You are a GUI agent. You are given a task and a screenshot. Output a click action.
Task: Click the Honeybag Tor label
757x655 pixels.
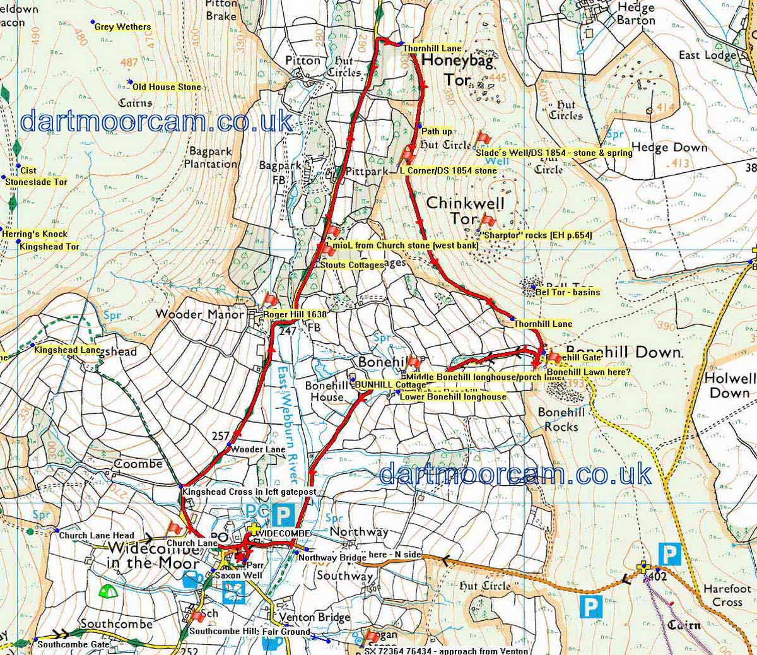pyautogui.click(x=457, y=70)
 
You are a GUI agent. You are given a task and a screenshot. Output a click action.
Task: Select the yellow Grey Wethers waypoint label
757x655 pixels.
pyautogui.click(x=122, y=27)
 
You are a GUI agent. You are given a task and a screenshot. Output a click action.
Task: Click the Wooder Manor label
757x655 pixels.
pyautogui.click(x=199, y=314)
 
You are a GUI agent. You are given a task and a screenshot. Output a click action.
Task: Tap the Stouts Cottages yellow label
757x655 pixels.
pyautogui.click(x=351, y=265)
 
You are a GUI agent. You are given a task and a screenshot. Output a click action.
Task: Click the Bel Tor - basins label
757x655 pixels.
pyautogui.click(x=567, y=292)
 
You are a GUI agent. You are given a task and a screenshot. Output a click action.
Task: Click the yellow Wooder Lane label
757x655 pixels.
pyautogui.click(x=258, y=449)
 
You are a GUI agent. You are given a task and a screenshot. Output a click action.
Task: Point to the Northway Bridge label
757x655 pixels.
pyautogui.click(x=332, y=558)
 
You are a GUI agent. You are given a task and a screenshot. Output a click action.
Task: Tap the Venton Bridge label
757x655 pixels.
pyautogui.click(x=307, y=617)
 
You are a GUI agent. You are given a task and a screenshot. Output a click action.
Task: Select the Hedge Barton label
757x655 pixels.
pyautogui.click(x=636, y=14)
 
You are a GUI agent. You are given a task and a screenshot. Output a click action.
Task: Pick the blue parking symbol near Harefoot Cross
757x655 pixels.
pyautogui.click(x=669, y=555)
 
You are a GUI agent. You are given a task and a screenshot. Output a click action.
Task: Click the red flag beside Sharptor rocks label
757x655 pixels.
pyautogui.click(x=487, y=221)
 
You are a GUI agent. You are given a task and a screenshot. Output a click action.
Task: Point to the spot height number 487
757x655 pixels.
pyautogui.click(x=129, y=62)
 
